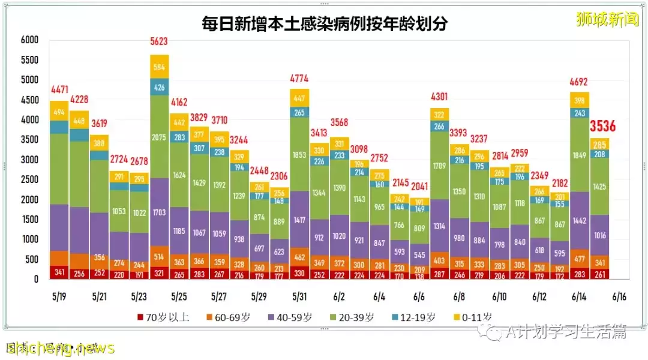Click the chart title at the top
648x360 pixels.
(x=325, y=24)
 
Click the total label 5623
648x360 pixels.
(x=159, y=41)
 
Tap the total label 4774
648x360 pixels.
(x=299, y=77)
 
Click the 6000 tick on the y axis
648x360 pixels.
(x=29, y=40)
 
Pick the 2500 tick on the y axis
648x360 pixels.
(x=29, y=179)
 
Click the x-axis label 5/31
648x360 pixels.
(x=299, y=296)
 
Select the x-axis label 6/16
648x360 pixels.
(x=619, y=296)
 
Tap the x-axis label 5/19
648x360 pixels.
(x=59, y=296)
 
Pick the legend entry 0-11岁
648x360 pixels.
(x=473, y=317)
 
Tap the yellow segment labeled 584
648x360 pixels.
(x=159, y=67)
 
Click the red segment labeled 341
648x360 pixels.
(x=59, y=272)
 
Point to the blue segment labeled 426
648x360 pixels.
(x=159, y=87)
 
